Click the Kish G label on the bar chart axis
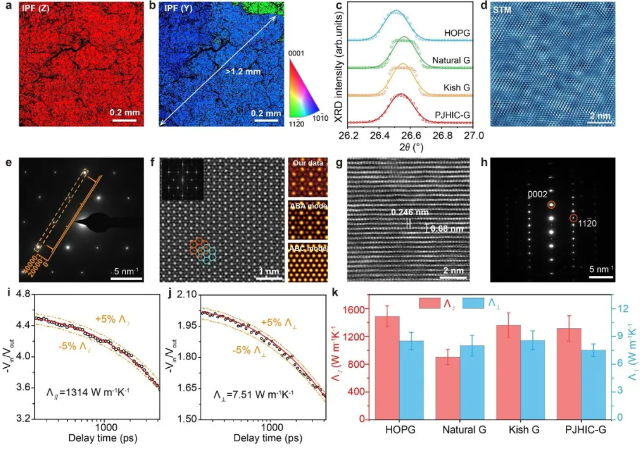[524, 430]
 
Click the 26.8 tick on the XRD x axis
[442, 135]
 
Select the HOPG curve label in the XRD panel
[457, 33]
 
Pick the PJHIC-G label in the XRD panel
[452, 115]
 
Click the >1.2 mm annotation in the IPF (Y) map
[243, 72]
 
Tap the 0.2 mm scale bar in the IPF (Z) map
[125, 119]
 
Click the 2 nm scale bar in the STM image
[600, 122]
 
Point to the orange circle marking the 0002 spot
[551, 205]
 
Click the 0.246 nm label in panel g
[409, 212]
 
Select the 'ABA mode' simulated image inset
[307, 220]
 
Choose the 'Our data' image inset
[307, 177]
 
